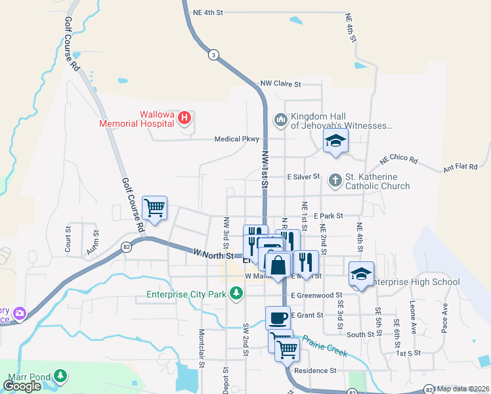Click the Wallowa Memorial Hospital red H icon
click(x=184, y=118)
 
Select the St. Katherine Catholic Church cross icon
click(x=335, y=179)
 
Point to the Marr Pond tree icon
click(x=61, y=375)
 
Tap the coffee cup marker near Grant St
click(x=278, y=318)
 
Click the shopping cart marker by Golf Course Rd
click(x=155, y=208)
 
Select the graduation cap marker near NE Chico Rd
click(x=335, y=140)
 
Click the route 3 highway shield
click(x=213, y=55)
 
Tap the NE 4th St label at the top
click(x=209, y=12)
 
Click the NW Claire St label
click(x=280, y=84)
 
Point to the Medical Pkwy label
click(x=238, y=139)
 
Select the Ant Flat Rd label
click(x=460, y=167)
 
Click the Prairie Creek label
click(x=324, y=347)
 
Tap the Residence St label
click(x=315, y=370)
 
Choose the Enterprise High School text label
click(x=416, y=282)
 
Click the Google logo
click(x=22, y=386)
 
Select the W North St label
click(x=213, y=254)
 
